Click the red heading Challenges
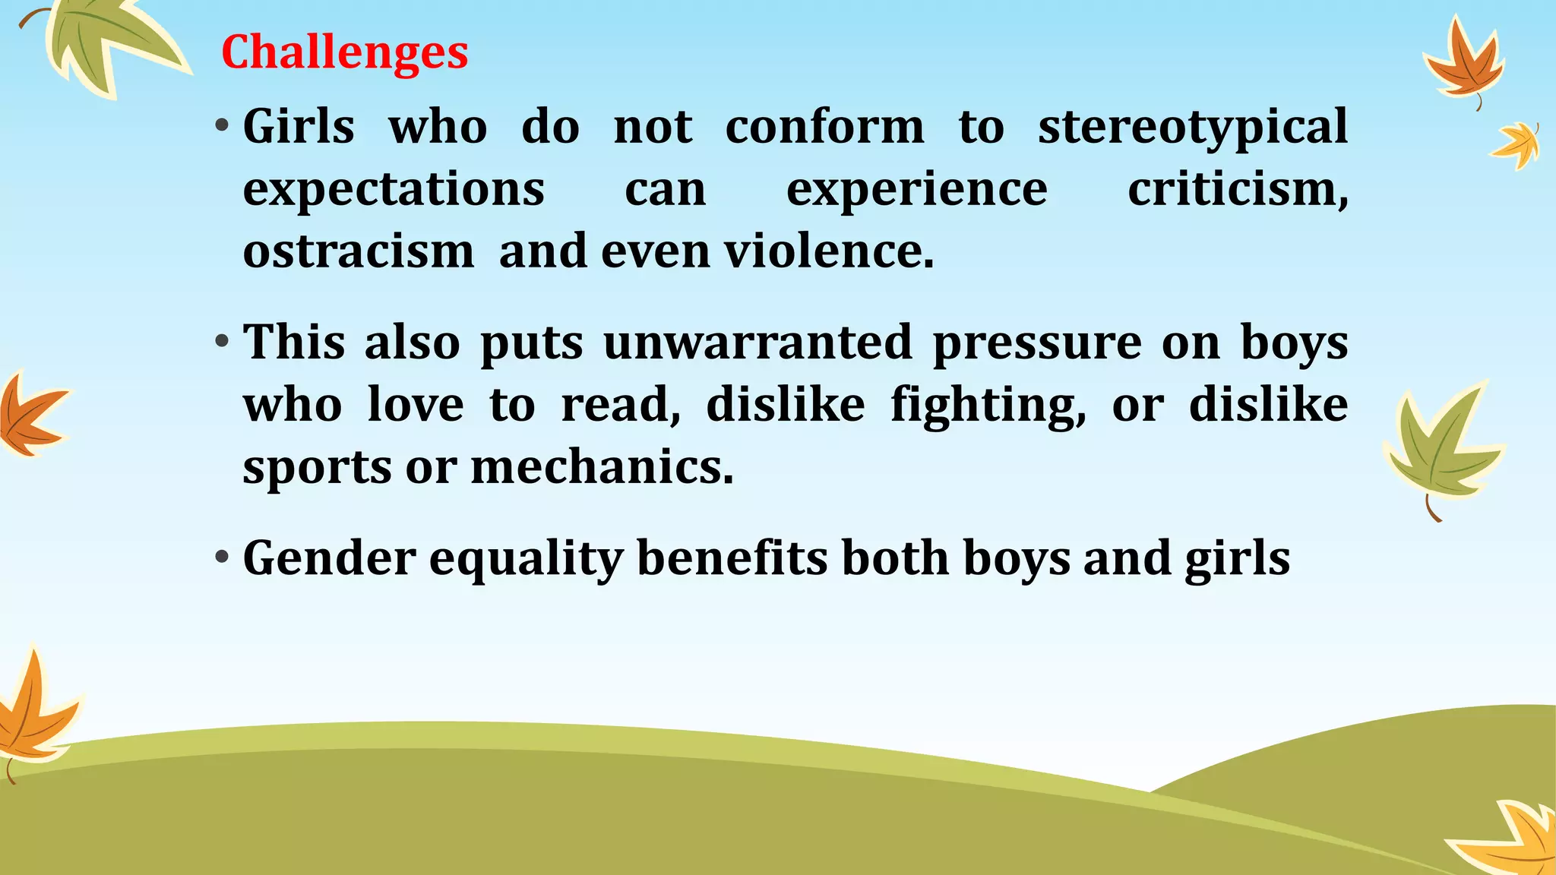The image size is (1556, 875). (344, 52)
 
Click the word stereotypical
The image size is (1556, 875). (1193, 127)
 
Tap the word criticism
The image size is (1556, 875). (1237, 189)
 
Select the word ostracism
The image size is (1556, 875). (358, 251)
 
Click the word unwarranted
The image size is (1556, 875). (757, 343)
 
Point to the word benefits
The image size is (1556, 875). (732, 558)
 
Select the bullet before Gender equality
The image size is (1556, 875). (221, 558)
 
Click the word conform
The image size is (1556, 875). (824, 127)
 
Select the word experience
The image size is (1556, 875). (916, 191)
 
